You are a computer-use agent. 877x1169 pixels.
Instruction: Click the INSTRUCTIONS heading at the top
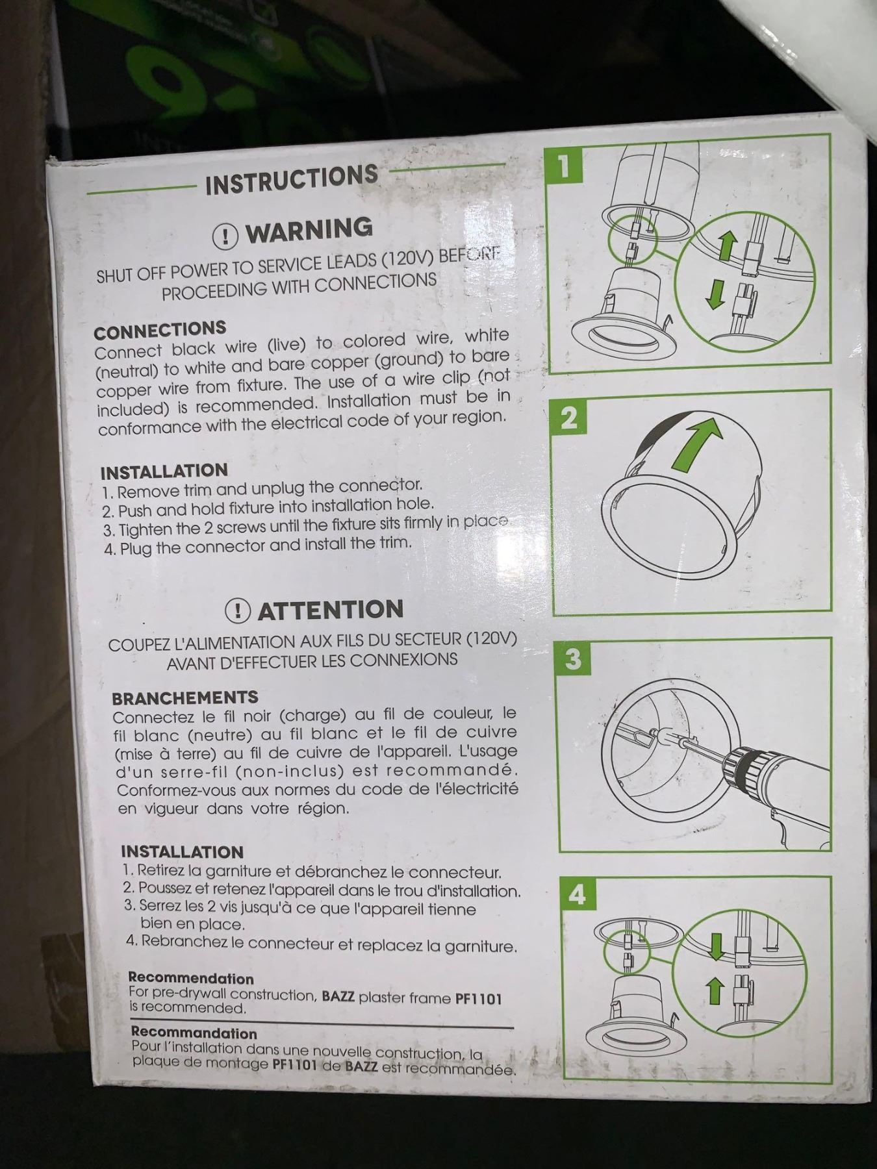click(292, 179)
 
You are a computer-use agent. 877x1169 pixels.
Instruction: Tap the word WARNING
click(309, 230)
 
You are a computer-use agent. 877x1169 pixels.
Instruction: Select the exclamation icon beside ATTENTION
click(238, 610)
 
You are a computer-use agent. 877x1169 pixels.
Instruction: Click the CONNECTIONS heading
click(160, 331)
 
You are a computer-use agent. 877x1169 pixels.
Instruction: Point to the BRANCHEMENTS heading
click(185, 698)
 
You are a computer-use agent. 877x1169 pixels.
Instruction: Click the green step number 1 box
click(564, 166)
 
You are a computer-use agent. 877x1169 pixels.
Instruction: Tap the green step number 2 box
click(568, 417)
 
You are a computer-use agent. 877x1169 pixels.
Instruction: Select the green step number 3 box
click(572, 659)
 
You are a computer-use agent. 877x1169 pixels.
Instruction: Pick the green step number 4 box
click(576, 895)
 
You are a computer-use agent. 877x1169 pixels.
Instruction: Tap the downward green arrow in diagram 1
click(715, 294)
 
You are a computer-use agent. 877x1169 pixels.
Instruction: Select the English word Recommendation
click(191, 979)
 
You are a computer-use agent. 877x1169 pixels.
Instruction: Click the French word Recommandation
click(194, 1033)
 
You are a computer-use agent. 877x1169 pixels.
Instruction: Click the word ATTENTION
click(331, 610)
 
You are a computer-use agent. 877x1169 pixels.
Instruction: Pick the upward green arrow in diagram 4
click(716, 991)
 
